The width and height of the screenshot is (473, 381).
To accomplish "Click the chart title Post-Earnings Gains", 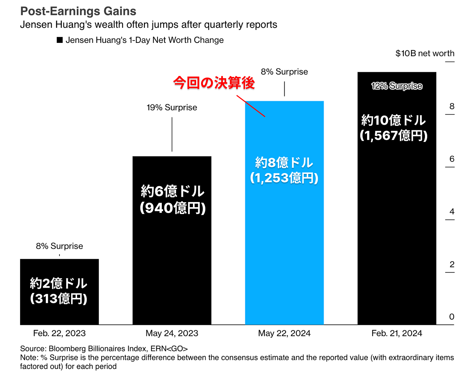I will (78, 11).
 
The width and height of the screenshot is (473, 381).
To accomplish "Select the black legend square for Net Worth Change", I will (60, 40).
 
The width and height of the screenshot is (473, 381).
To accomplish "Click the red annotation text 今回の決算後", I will (214, 83).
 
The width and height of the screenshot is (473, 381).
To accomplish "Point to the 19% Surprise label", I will (172, 108).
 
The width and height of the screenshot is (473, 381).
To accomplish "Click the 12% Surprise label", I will (397, 86).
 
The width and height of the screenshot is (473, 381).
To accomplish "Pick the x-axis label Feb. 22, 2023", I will (59, 333).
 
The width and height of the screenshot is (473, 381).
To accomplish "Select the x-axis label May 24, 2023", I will (172, 333).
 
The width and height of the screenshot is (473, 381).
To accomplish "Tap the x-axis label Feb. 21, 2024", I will (397, 333).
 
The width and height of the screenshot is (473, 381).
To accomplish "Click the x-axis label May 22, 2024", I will (284, 333).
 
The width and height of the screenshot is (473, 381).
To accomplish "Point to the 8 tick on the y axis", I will (452, 106).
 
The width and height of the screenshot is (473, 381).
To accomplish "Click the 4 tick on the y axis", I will (452, 211).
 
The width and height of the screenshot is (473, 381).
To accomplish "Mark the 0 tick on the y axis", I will (452, 317).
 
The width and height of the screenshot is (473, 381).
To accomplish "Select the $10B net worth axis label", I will (425, 53).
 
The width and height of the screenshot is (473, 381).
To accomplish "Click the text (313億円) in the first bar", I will (59, 298).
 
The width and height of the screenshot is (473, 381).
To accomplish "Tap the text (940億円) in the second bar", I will (173, 208).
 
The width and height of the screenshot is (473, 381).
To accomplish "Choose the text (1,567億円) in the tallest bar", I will (393, 135).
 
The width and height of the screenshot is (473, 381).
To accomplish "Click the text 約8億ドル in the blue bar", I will (284, 162).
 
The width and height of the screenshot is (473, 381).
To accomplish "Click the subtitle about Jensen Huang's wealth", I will (148, 25).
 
